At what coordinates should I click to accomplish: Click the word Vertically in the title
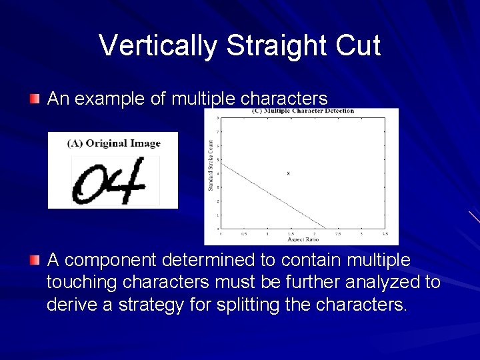pos(158,46)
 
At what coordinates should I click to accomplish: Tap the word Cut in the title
pos(358,46)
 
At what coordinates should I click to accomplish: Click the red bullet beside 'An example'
pos(35,99)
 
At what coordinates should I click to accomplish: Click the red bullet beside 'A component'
pos(35,259)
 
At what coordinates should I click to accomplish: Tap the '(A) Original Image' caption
pos(113,143)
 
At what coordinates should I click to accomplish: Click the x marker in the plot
pos(288,173)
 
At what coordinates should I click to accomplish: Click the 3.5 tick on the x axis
pos(385,234)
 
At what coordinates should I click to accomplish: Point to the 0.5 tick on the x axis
pos(244,234)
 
